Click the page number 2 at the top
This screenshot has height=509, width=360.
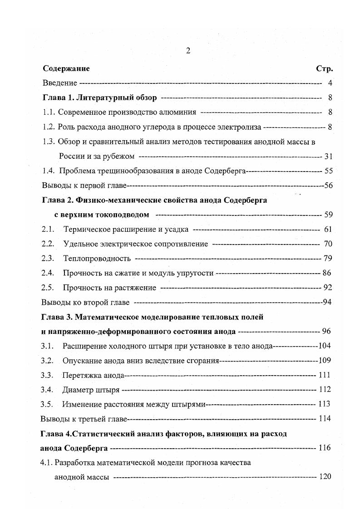coord(187,51)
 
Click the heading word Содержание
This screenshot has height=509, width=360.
coord(66,69)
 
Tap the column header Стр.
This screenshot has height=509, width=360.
coord(324,69)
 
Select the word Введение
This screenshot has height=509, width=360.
coord(59,83)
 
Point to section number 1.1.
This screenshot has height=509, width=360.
coord(49,112)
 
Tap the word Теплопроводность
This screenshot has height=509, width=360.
coord(97,259)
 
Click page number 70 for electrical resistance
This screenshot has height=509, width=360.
coord(328,244)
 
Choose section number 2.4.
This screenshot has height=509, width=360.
coord(48,273)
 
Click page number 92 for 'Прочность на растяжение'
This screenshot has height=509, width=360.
coord(328,288)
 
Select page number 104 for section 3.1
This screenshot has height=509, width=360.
coord(325,346)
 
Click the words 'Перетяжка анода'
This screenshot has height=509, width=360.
coord(93,375)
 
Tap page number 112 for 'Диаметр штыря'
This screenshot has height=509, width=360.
coord(325,390)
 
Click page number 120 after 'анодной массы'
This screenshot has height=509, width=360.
coord(325,477)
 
